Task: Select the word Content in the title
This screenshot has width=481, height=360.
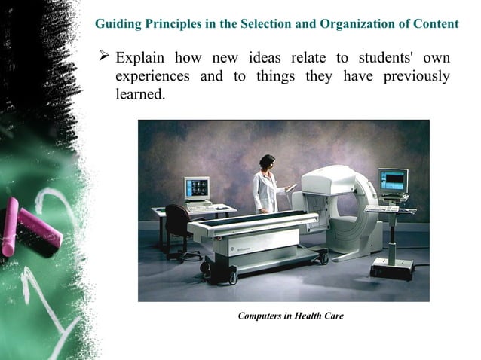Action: (x=436, y=23)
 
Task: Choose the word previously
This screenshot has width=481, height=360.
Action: (x=413, y=77)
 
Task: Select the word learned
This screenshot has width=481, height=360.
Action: (x=139, y=96)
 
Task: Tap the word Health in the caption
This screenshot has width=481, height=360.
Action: (x=311, y=316)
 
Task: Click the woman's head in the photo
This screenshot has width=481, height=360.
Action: (x=267, y=161)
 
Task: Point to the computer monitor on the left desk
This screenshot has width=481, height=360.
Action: (x=198, y=188)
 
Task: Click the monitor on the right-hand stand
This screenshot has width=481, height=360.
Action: (x=393, y=181)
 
